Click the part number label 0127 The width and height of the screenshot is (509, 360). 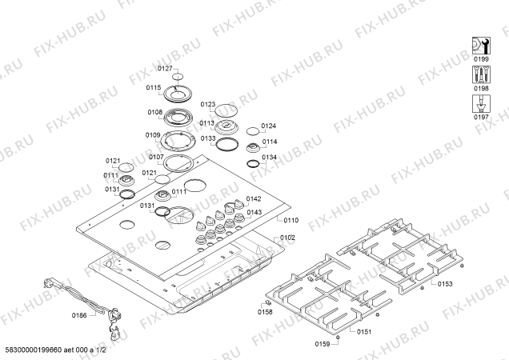coord(163,70)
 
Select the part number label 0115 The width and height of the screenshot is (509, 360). coord(154,88)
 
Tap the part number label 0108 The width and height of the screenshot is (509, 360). coord(155,113)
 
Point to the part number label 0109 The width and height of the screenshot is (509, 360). coord(153,135)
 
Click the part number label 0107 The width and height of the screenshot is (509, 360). coord(156,157)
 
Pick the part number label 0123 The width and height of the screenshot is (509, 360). coord(208,104)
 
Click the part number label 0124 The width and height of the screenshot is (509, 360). coord(268,126)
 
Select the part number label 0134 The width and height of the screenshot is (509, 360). coord(269,157)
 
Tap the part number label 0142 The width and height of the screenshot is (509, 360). coord(254,198)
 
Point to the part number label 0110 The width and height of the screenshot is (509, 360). coord(289,219)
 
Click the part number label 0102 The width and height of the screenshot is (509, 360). coord(287,238)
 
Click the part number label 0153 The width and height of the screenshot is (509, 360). coord(445,283)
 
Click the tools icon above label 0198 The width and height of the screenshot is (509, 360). coord(481,74)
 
